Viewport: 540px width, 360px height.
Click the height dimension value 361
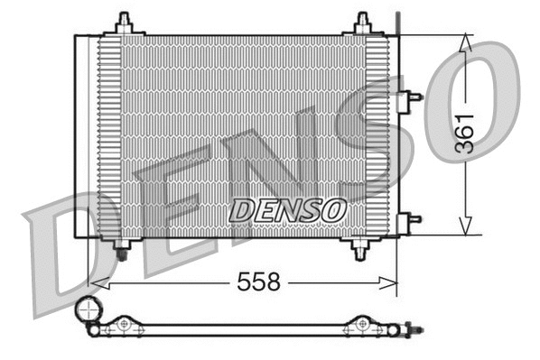(x=464, y=134)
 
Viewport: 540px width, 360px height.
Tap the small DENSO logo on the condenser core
(x=287, y=209)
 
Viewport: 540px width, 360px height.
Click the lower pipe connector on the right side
(x=411, y=218)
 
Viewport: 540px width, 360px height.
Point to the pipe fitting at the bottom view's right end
(x=413, y=330)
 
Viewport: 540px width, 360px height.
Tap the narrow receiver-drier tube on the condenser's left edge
(x=82, y=135)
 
